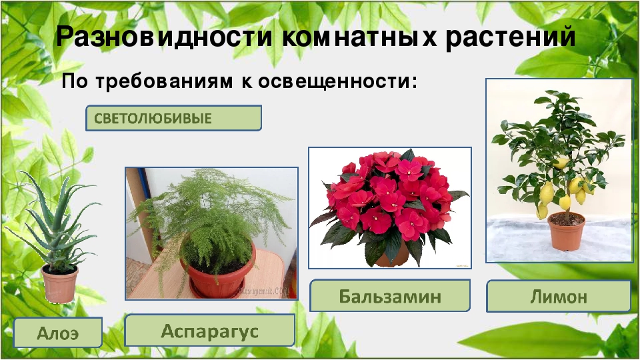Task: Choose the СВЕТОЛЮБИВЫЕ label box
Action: (x=173, y=119)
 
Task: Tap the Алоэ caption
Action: (x=58, y=333)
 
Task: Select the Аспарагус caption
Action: (x=209, y=331)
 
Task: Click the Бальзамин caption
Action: (x=390, y=296)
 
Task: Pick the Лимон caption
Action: (x=558, y=296)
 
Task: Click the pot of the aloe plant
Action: (x=60, y=283)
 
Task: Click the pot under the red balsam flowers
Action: (x=390, y=257)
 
